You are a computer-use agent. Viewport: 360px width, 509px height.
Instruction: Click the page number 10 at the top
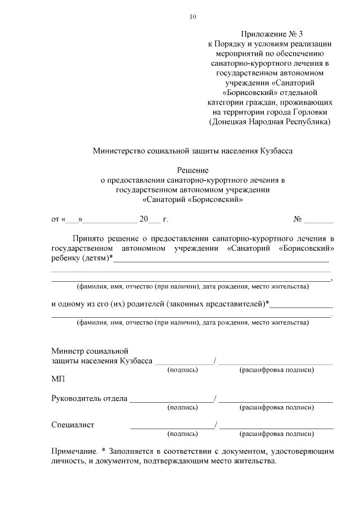193,17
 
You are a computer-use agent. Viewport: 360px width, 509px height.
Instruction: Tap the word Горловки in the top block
309,111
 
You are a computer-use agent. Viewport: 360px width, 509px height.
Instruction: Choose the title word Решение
193,170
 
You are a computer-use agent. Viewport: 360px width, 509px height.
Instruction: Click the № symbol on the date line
298,219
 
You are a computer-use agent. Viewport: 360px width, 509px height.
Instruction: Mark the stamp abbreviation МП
58,380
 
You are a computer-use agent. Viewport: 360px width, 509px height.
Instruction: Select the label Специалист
73,425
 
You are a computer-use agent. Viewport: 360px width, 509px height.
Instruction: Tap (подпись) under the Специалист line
182,434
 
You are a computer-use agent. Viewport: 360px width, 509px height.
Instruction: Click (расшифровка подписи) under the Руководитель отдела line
276,407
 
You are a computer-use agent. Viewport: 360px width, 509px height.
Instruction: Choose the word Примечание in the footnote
75,451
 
